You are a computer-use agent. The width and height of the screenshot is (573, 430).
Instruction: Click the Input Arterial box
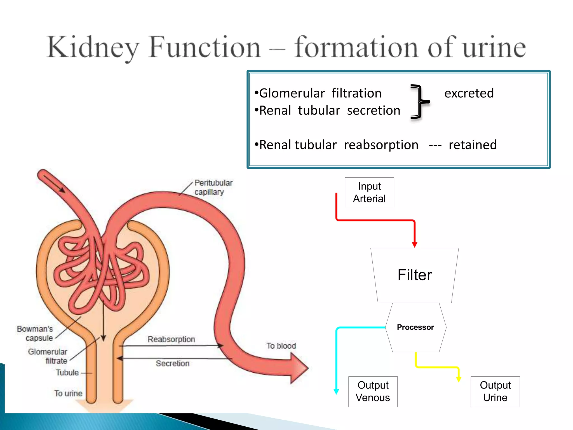coord(369,193)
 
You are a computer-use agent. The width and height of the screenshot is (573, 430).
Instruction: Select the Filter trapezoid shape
coord(414,275)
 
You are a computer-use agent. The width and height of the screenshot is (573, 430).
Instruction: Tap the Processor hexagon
coord(415,327)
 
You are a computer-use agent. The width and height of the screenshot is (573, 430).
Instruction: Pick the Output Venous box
coord(373,391)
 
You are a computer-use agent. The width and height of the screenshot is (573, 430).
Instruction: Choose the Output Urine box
coord(495,391)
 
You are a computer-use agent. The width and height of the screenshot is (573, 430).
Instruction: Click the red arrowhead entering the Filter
coord(415,244)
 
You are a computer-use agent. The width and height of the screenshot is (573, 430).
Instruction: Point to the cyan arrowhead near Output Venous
coord(336,391)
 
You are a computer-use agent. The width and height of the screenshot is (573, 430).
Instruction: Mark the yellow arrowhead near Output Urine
coord(459,379)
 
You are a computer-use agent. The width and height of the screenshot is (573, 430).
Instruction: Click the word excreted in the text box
coord(469,93)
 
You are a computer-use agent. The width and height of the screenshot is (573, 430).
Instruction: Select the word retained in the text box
coord(473,145)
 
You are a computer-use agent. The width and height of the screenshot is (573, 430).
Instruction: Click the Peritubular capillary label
coord(213,187)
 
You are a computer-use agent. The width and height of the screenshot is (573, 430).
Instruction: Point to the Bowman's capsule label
coord(35,333)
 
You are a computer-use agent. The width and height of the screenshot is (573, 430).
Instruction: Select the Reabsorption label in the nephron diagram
coord(171,339)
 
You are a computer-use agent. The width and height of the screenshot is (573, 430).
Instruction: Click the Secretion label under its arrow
coord(173,363)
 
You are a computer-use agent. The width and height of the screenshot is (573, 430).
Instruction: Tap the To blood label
coord(281,346)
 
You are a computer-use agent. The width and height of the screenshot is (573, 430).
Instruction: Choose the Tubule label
coord(67,373)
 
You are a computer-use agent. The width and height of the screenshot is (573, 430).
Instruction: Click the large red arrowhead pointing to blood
coord(298,368)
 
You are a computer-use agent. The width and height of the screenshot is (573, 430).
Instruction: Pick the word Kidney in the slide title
coord(93,47)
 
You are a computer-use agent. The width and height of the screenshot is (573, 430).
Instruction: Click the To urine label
coord(68,393)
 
